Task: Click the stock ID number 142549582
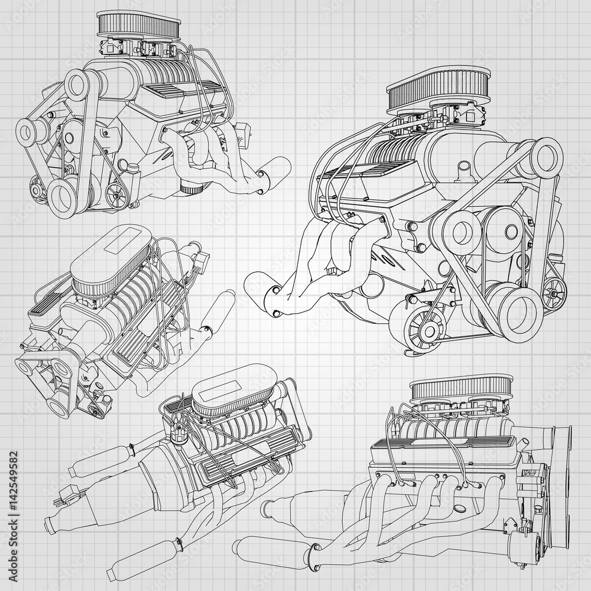pos(14,482)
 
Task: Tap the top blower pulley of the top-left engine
pos(81,85)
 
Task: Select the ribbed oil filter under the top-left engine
pos(190,189)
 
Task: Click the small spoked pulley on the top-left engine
pos(116,191)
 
